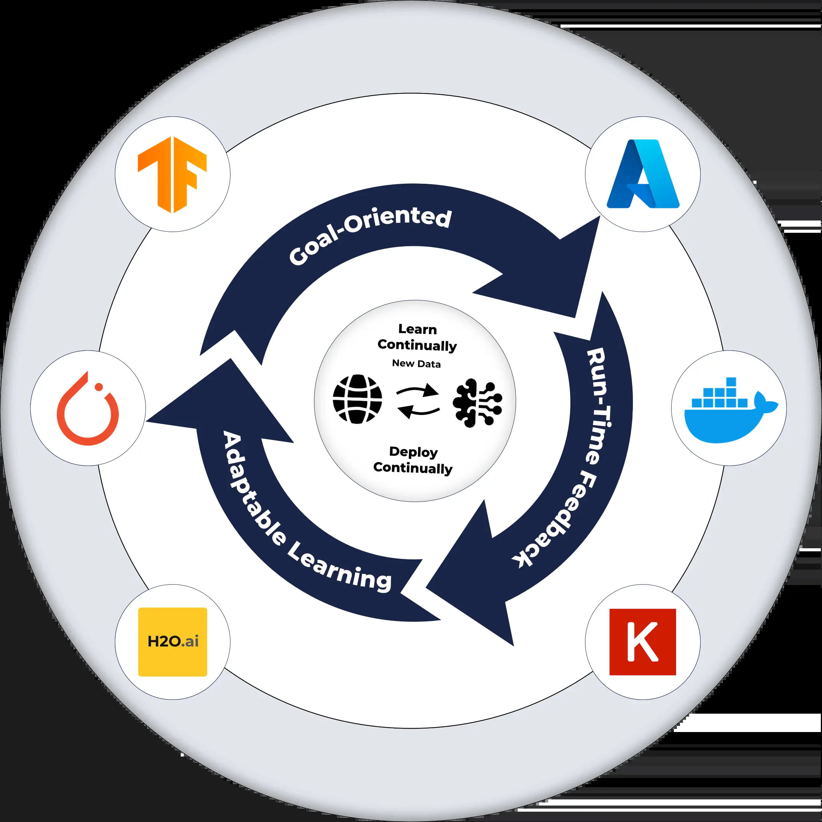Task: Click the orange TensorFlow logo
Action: click(172, 175)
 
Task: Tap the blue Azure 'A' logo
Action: click(642, 175)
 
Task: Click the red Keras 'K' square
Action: click(642, 642)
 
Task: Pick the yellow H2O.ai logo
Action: click(172, 642)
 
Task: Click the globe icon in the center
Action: click(357, 399)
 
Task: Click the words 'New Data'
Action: click(416, 363)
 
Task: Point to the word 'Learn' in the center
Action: click(417, 329)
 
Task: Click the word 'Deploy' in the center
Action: click(413, 452)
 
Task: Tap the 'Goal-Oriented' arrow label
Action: click(369, 236)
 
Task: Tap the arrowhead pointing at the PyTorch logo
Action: click(204, 409)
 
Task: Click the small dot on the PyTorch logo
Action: click(99, 386)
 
